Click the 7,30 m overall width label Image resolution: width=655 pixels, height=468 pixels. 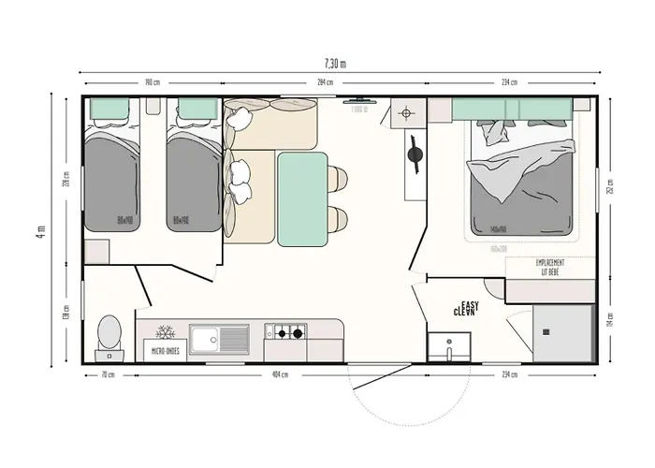click(x=335, y=64)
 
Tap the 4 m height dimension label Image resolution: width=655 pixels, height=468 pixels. click(x=40, y=229)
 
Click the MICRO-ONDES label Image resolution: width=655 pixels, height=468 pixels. click(x=166, y=352)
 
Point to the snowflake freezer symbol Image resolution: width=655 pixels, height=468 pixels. click(x=165, y=333)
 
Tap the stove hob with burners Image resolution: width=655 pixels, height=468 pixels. click(x=287, y=331)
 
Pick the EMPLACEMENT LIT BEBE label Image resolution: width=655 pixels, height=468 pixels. click(x=550, y=267)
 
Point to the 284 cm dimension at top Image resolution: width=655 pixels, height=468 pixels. click(x=325, y=81)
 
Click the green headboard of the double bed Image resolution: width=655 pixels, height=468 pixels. click(x=512, y=110)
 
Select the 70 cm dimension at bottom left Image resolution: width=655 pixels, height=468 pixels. click(x=109, y=374)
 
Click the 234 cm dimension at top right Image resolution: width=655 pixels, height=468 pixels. click(x=510, y=81)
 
